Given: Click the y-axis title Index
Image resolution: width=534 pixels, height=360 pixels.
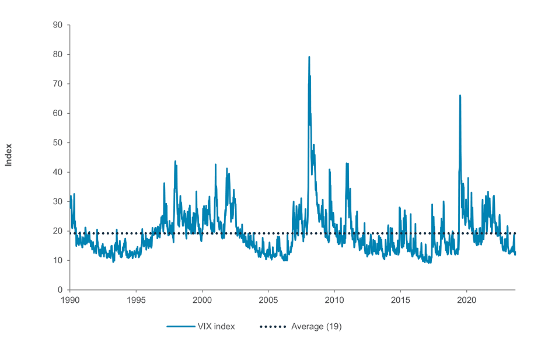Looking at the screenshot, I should [x=9, y=155].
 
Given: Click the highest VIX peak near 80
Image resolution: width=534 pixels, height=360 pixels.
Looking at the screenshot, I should [x=309, y=57].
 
